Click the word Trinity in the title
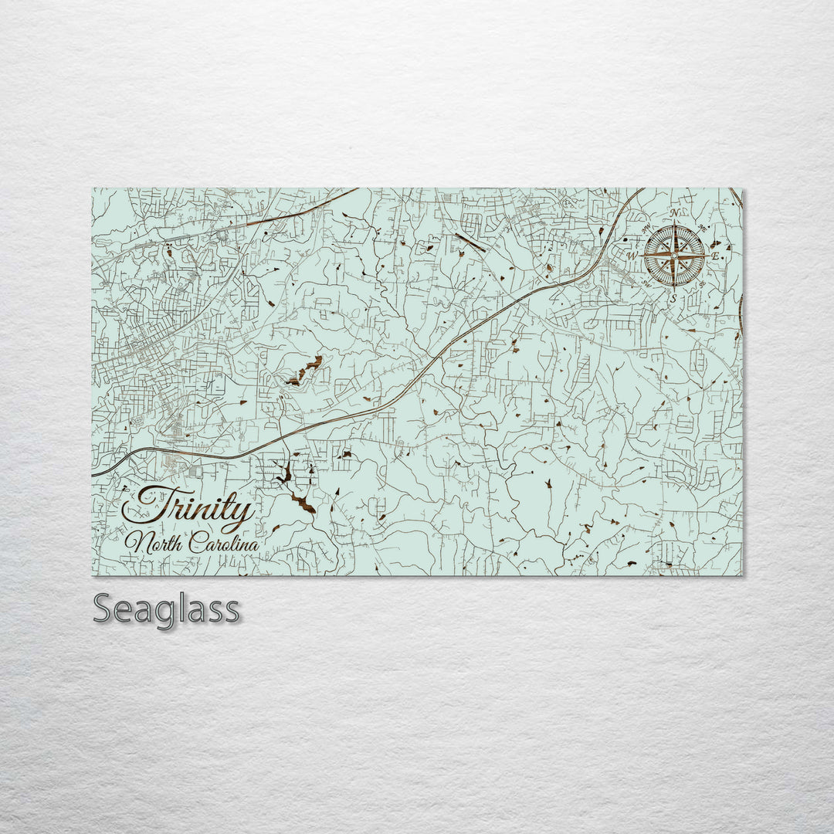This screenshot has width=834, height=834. tap(189, 507)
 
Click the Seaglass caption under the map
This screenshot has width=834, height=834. tap(166, 609)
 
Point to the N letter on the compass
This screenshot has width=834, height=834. tap(675, 214)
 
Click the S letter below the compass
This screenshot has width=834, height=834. tap(673, 297)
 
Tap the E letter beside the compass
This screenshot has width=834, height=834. tap(715, 256)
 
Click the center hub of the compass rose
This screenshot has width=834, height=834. tap(674, 255)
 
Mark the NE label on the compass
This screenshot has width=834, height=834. tap(702, 227)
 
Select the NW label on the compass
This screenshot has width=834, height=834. tap(646, 227)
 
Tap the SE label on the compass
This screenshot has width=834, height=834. tap(702, 283)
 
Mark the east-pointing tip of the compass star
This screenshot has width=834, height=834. tap(707, 255)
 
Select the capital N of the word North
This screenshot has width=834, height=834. tap(136, 542)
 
